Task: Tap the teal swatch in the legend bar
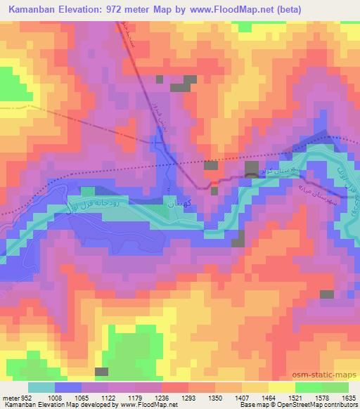pyautogui.click(x=41, y=387)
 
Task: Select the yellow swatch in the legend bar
pyautogui.click(x=281, y=387)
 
